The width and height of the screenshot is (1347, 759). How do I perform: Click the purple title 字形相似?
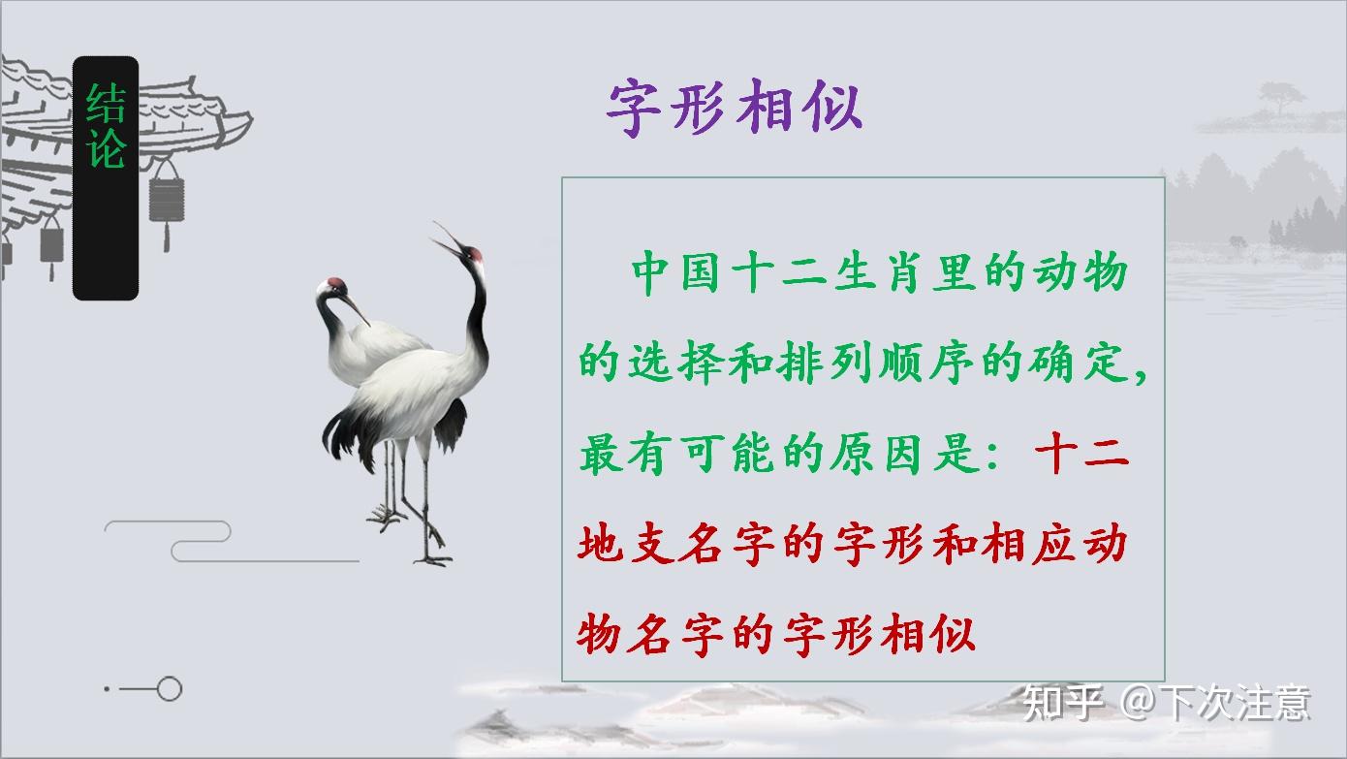[735, 108]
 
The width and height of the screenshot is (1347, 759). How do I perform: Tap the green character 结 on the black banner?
[106, 103]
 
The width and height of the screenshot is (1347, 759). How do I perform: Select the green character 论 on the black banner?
[106, 147]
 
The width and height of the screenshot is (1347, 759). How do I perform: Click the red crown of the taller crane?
[475, 253]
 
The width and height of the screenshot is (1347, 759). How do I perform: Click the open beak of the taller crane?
[447, 238]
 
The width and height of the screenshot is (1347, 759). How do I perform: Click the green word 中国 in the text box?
[675, 272]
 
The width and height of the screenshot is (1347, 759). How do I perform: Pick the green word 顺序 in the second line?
[926, 363]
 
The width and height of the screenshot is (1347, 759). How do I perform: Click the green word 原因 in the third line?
[876, 453]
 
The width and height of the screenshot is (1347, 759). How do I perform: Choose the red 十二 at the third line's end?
[1082, 453]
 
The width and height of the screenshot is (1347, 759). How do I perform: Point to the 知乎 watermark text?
[1063, 703]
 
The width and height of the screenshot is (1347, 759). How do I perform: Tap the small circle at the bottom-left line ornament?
[170, 688]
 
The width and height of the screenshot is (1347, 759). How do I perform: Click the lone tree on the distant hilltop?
[1281, 99]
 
